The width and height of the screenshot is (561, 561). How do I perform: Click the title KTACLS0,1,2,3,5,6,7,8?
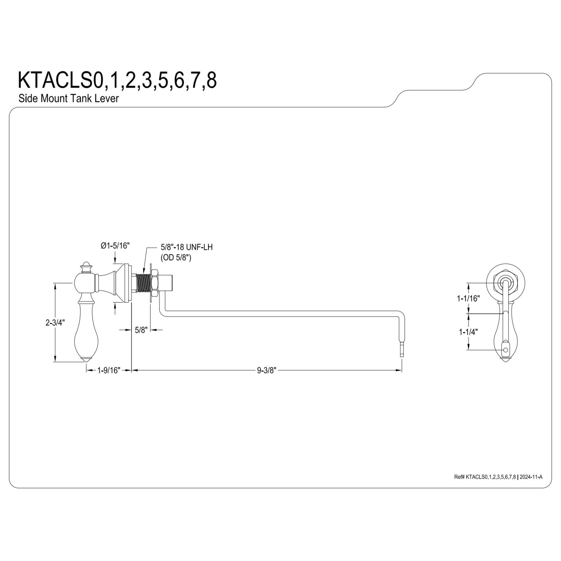pyautogui.click(x=117, y=81)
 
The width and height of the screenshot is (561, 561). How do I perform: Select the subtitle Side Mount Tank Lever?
pyautogui.click(x=68, y=98)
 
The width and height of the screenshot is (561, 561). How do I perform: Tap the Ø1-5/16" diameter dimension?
pyautogui.click(x=115, y=246)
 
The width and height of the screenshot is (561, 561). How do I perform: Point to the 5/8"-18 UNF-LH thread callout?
pyautogui.click(x=187, y=247)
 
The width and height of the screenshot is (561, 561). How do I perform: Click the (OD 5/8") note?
pyautogui.click(x=176, y=257)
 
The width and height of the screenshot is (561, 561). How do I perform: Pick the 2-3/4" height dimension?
pyautogui.click(x=55, y=323)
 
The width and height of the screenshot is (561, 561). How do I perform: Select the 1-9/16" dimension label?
pyautogui.click(x=109, y=371)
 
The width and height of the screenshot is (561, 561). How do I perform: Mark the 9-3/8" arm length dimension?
pyautogui.click(x=266, y=371)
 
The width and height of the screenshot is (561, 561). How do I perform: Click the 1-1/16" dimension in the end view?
pyautogui.click(x=468, y=298)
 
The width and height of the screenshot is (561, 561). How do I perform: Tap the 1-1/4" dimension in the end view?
pyautogui.click(x=468, y=332)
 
